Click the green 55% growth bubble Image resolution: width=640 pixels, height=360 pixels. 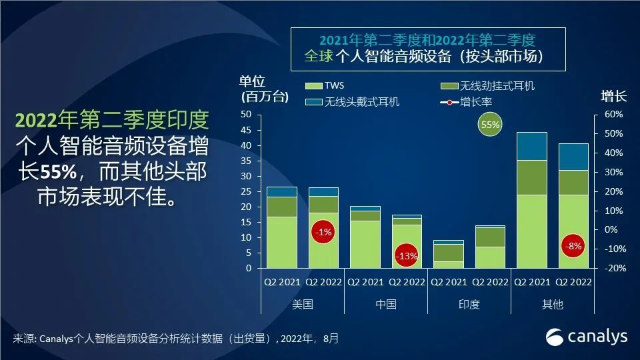(x=490, y=125)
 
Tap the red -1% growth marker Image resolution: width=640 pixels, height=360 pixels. (x=324, y=232)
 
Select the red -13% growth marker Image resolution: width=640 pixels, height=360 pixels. (x=406, y=255)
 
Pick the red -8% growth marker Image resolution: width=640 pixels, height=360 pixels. (x=573, y=245)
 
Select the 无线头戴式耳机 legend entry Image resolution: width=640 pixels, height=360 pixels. (x=353, y=102)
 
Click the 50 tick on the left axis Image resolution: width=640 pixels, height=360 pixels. (x=246, y=115)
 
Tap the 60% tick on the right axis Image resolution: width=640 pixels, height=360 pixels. (x=613, y=115)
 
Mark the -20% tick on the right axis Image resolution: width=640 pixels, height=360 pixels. (x=612, y=268)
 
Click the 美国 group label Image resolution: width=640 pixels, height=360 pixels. (x=302, y=304)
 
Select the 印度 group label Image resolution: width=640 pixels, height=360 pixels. (x=469, y=304)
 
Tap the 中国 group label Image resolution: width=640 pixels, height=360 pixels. (x=386, y=304)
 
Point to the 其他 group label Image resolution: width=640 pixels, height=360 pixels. (x=553, y=304)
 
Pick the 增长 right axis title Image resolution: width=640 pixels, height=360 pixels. (x=613, y=96)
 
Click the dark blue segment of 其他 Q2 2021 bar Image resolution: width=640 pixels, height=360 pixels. (x=532, y=146)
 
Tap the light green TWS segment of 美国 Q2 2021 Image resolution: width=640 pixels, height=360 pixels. (x=282, y=242)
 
